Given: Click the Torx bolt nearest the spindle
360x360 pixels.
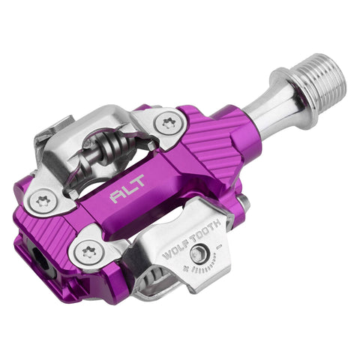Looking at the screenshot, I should tap(168, 121).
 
